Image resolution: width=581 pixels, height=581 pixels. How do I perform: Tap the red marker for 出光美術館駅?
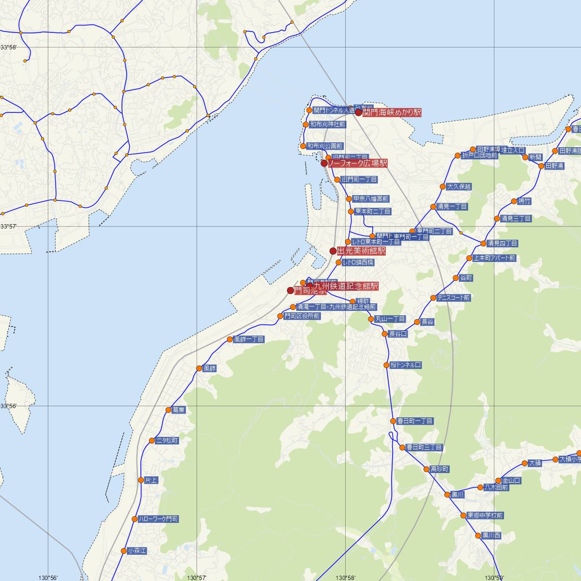[x=333, y=251]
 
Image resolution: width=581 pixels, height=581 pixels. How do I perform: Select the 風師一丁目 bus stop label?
[x=249, y=339]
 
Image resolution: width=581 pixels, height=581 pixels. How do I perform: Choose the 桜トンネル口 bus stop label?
[x=406, y=365]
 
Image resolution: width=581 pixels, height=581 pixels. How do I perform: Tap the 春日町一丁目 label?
[x=415, y=421]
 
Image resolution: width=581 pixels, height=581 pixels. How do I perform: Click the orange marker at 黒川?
[x=448, y=494]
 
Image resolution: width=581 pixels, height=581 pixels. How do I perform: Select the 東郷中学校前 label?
[x=485, y=516]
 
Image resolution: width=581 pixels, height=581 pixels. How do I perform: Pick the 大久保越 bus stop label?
[x=459, y=187]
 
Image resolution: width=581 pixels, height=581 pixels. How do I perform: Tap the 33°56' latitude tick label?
[x=8, y=406]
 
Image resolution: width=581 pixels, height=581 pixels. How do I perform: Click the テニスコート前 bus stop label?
[x=453, y=298]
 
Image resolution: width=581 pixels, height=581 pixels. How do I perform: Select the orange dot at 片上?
[x=141, y=480]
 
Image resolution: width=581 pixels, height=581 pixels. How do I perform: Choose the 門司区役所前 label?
[x=302, y=316]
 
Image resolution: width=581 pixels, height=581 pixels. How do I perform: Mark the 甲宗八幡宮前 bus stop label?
[x=371, y=199]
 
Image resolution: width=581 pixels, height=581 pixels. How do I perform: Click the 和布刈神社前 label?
[x=328, y=124]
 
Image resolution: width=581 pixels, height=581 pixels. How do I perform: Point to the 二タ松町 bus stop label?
[x=167, y=441]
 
